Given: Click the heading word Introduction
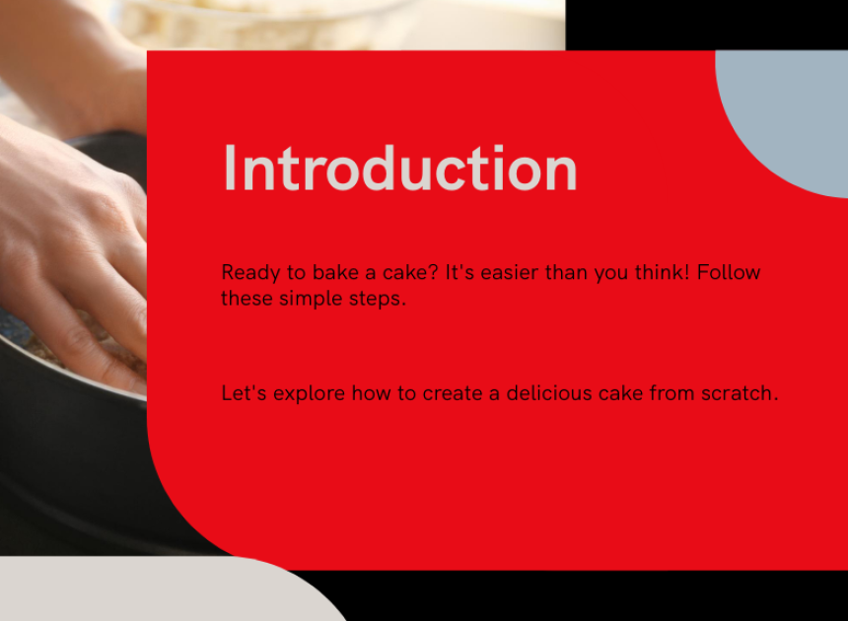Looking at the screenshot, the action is (x=400, y=169).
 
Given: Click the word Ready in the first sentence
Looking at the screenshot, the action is (x=250, y=273).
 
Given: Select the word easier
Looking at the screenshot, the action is (x=510, y=272).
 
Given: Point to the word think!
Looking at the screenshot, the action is (x=663, y=272).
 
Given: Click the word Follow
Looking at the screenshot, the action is (x=729, y=272).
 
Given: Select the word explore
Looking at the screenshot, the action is (x=309, y=394).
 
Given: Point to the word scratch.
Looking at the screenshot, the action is (x=740, y=393).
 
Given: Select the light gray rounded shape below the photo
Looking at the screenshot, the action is (x=152, y=590).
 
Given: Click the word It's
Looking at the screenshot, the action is (x=459, y=272).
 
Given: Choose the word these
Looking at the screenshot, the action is (x=247, y=299).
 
